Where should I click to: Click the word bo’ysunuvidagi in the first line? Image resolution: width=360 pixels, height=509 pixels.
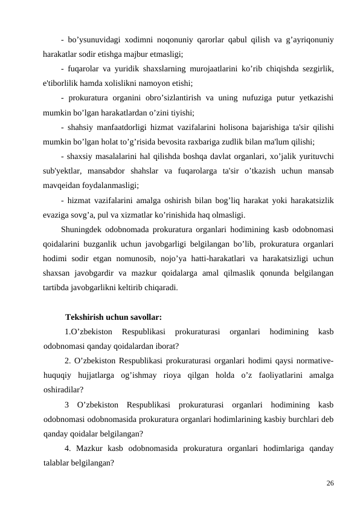click(x=94, y=41)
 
